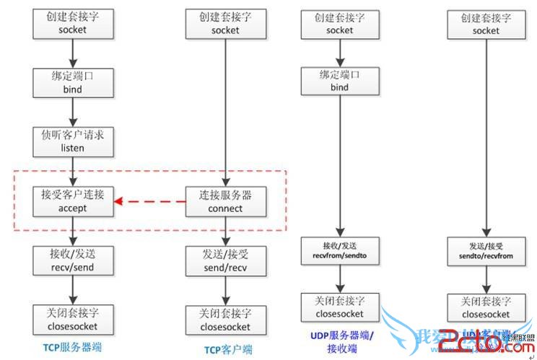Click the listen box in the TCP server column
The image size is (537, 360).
(73, 141)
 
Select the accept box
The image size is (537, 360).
(73, 201)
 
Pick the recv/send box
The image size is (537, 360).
(72, 260)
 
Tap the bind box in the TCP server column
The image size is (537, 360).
(73, 82)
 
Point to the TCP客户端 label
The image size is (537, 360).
(227, 349)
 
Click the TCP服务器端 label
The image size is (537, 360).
(73, 347)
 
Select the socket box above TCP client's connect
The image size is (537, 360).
(225, 24)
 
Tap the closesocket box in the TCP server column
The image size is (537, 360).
(72, 319)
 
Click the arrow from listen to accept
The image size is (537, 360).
(73, 171)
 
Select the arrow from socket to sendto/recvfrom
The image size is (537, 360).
(485, 137)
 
